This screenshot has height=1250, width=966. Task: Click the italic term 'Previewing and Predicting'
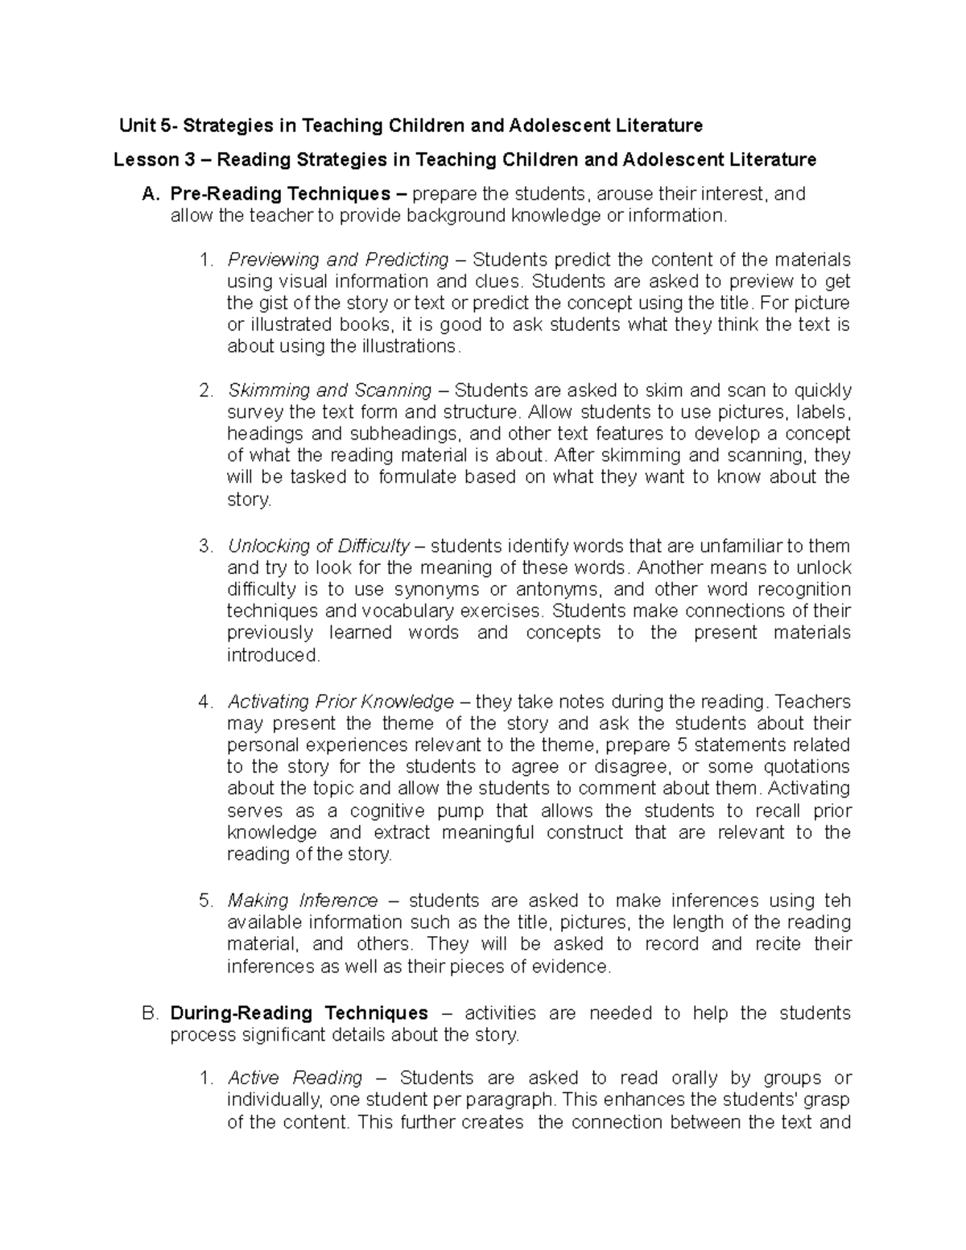pyautogui.click(x=338, y=260)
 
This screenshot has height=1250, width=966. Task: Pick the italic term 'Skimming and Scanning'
pyautogui.click(x=330, y=390)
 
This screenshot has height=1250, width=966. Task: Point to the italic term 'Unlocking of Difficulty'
pyautogui.click(x=319, y=546)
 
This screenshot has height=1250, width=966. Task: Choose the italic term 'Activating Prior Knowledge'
pyautogui.click(x=341, y=702)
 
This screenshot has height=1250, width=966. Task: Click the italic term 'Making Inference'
pyautogui.click(x=303, y=900)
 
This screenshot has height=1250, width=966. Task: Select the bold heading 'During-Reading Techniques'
pyautogui.click(x=299, y=1013)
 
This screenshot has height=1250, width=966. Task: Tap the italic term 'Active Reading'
pyautogui.click(x=295, y=1078)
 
